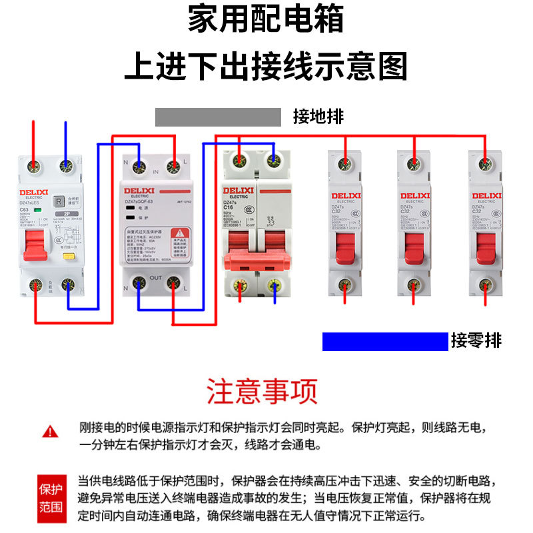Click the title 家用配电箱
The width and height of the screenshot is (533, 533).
pos(266,20)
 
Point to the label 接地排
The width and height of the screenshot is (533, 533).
pos(318,117)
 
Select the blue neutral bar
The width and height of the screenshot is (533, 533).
pos(384,341)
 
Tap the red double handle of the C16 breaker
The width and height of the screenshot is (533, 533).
pos(256,257)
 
